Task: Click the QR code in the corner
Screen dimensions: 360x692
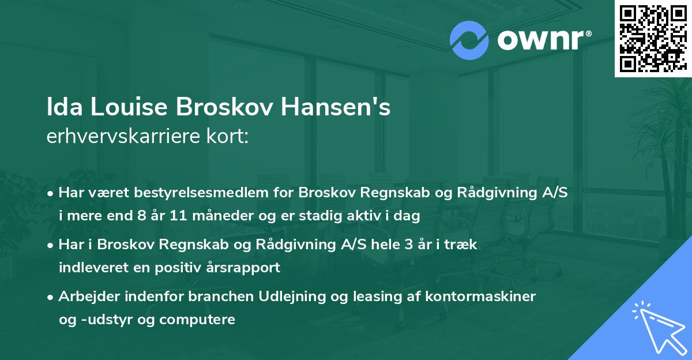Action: click(653, 38)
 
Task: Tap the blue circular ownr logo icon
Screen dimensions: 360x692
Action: click(469, 40)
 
